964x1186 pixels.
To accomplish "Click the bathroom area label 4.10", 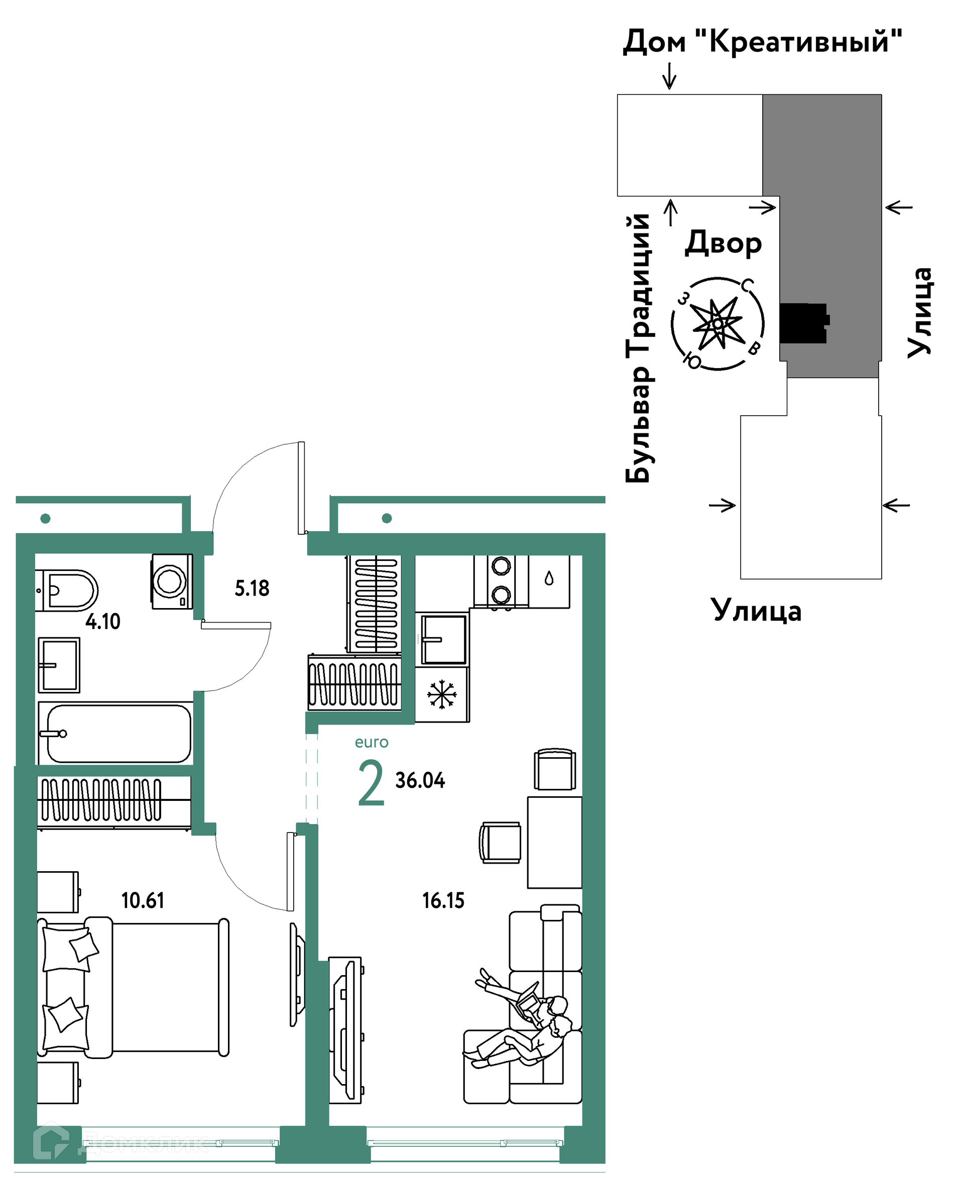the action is click(103, 621).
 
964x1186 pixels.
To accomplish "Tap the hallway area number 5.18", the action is click(252, 588).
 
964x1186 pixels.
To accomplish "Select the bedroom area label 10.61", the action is click(143, 901).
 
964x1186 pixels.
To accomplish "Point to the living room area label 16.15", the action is click(443, 901).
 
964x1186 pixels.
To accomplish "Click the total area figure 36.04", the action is click(420, 780).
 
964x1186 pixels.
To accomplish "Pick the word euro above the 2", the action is click(372, 742).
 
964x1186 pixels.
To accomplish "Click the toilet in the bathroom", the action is click(67, 590).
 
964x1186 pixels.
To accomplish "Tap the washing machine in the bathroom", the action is click(172, 581).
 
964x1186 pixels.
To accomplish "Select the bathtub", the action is click(115, 733).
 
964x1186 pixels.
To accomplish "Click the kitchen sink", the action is click(442, 639).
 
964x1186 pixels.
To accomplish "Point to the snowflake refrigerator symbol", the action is click(441, 694).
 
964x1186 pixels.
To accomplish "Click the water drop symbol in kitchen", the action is click(549, 578).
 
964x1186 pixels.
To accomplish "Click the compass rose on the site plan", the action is click(717, 323).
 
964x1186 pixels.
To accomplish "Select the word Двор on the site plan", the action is click(723, 243).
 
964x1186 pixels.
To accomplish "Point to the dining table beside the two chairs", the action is click(554, 843).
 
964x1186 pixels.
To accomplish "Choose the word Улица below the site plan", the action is click(756, 611).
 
